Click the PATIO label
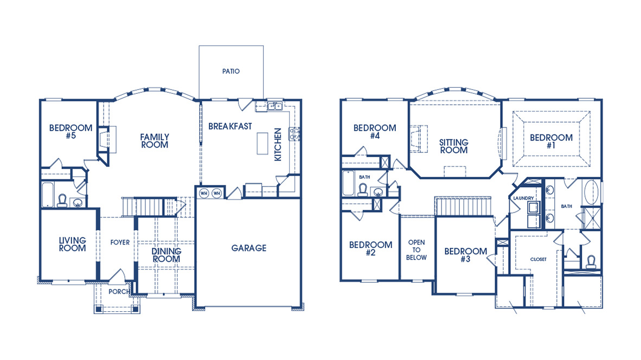pos(230,71)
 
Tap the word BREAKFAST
pos(230,126)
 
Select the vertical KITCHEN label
pos(278,145)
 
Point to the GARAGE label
pos(249,248)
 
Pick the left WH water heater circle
pos(204,193)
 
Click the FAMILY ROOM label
pos(155,141)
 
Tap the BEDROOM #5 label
pos(70,132)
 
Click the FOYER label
pos(120,242)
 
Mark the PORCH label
pos(119,292)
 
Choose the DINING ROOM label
pos(166,255)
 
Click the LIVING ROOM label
pos(73,244)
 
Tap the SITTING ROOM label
pos(453,146)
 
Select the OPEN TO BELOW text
pos(416,250)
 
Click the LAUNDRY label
pos(523,198)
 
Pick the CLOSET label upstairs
pos(538,259)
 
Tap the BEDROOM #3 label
pos(465,255)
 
